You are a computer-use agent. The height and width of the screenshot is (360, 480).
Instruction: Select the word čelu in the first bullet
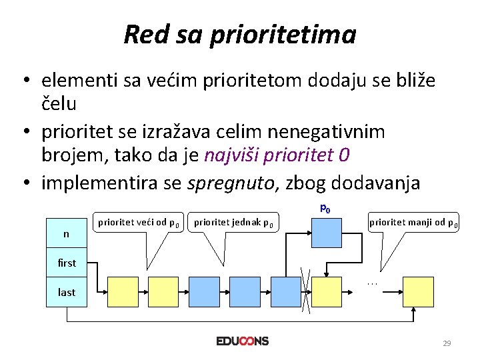coord(59,104)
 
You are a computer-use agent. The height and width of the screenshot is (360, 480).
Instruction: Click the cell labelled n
coord(66,233)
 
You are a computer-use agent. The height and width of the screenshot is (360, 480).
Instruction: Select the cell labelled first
coord(67,263)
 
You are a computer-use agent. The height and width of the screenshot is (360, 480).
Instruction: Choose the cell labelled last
coord(67,292)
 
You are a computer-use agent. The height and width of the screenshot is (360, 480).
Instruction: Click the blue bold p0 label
coord(325,209)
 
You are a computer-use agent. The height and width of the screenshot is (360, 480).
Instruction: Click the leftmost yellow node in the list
coord(123,292)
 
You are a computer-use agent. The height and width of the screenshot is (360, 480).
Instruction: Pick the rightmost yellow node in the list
coord(418,292)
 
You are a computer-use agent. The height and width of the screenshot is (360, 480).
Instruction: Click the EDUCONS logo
coord(243,341)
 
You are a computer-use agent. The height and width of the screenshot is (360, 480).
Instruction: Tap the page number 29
coord(447,343)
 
